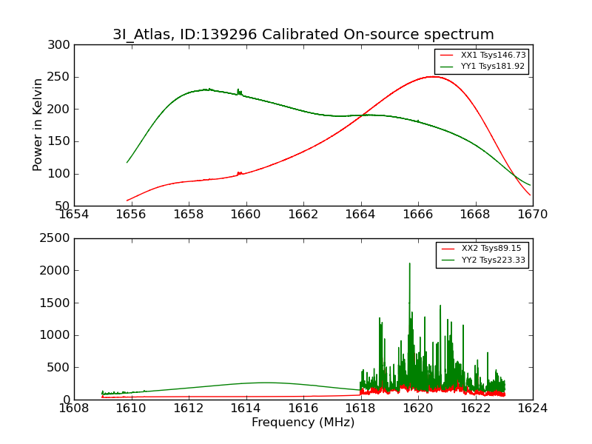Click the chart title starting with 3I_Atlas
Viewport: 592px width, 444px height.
click(303, 34)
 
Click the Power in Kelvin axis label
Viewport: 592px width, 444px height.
click(38, 125)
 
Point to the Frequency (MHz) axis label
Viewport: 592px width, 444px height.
click(303, 423)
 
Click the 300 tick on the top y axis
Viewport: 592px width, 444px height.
click(61, 45)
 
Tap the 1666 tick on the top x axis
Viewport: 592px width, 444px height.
click(418, 215)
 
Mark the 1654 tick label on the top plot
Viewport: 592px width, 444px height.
click(74, 215)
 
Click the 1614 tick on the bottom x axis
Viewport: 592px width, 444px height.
click(246, 408)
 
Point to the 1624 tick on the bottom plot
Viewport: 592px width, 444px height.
click(533, 408)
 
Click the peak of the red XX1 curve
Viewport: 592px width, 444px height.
click(432, 76)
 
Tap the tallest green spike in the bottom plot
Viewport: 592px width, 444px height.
click(409, 263)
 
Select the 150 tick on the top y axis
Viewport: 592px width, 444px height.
click(61, 141)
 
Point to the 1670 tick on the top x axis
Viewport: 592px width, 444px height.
click(533, 215)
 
